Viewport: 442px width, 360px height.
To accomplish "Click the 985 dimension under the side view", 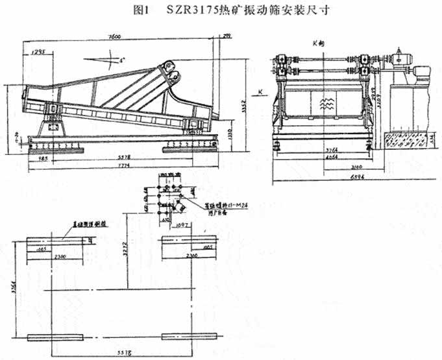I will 45,158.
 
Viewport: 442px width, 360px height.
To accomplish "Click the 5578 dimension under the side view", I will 116,158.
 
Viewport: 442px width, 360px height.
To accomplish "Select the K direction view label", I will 317,43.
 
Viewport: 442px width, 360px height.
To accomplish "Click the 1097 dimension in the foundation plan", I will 181,224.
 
